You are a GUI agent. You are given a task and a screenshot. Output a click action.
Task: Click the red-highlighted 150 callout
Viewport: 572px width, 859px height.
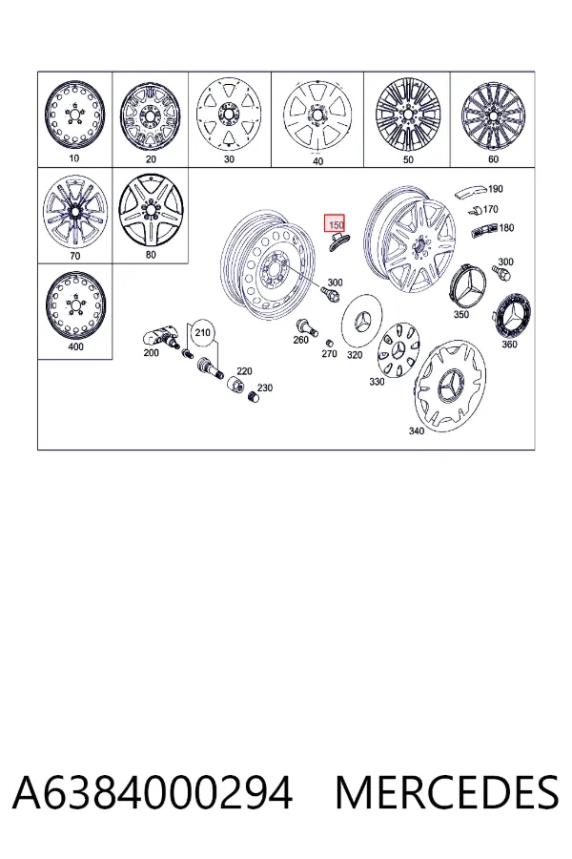tap(335, 222)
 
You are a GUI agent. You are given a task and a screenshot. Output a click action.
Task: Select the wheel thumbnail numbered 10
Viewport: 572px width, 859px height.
tap(74, 115)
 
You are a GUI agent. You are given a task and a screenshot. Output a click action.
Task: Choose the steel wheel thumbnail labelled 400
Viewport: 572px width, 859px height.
tap(75, 305)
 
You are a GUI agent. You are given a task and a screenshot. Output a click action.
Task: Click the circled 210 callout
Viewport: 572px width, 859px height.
tap(202, 333)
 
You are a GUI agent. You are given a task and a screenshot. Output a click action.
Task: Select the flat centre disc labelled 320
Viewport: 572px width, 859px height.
tap(362, 323)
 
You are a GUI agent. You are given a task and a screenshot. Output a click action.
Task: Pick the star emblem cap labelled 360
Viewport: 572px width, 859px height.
tap(514, 316)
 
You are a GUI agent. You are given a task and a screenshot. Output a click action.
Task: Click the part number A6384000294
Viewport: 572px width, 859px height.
tap(153, 793)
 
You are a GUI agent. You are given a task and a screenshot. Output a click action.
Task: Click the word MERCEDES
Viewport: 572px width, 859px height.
tap(447, 793)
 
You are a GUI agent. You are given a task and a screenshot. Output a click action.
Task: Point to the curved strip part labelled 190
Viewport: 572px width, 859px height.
tap(470, 192)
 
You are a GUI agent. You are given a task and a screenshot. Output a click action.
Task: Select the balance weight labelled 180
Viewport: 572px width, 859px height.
tap(485, 229)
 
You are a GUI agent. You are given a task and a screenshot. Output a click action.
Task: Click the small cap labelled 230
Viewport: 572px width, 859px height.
tap(253, 396)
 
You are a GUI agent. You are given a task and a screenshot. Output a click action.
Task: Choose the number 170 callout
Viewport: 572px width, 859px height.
tap(490, 209)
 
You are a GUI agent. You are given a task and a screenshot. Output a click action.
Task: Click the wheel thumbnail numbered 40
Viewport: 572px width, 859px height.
tap(317, 116)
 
